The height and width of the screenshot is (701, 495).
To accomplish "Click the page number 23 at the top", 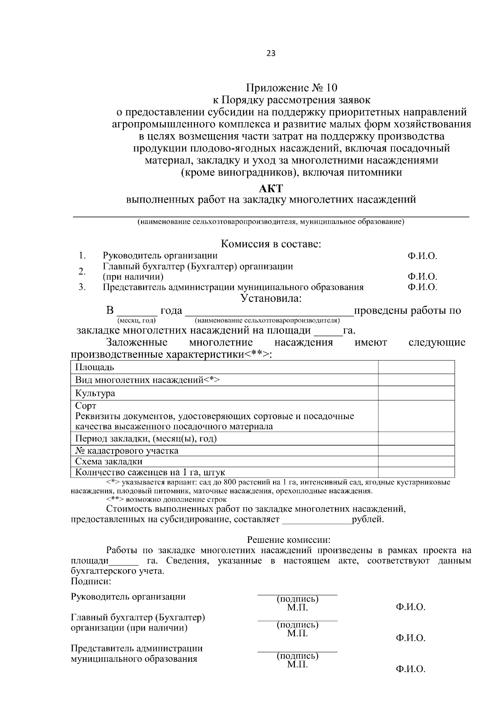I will point(271,54).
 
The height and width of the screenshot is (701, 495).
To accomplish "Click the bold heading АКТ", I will point(271,189).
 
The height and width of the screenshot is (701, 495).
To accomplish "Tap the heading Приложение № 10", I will point(292,88).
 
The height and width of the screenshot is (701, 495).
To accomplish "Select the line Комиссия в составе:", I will point(271,244).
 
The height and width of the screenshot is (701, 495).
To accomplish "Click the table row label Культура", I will point(95,393).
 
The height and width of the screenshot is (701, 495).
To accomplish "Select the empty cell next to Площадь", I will point(416,367).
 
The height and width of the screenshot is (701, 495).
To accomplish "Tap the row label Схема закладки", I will point(109,462).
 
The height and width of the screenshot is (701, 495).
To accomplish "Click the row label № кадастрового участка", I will point(127,451).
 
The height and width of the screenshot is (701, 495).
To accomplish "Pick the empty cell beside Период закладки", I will point(416,438).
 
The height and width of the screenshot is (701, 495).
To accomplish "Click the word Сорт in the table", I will point(86,406).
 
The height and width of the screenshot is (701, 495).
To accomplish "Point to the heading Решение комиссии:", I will point(289,540).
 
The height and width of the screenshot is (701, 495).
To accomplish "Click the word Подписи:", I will point(91,582).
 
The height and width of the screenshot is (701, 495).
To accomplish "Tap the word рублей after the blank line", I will point(368,519).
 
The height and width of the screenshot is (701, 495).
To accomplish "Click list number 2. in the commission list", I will point(82,271).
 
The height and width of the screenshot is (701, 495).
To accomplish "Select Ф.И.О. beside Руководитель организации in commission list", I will point(422,256).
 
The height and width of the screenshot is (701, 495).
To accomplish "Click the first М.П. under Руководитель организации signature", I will point(297,608).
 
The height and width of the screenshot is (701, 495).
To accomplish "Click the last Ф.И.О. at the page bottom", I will point(410,669).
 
